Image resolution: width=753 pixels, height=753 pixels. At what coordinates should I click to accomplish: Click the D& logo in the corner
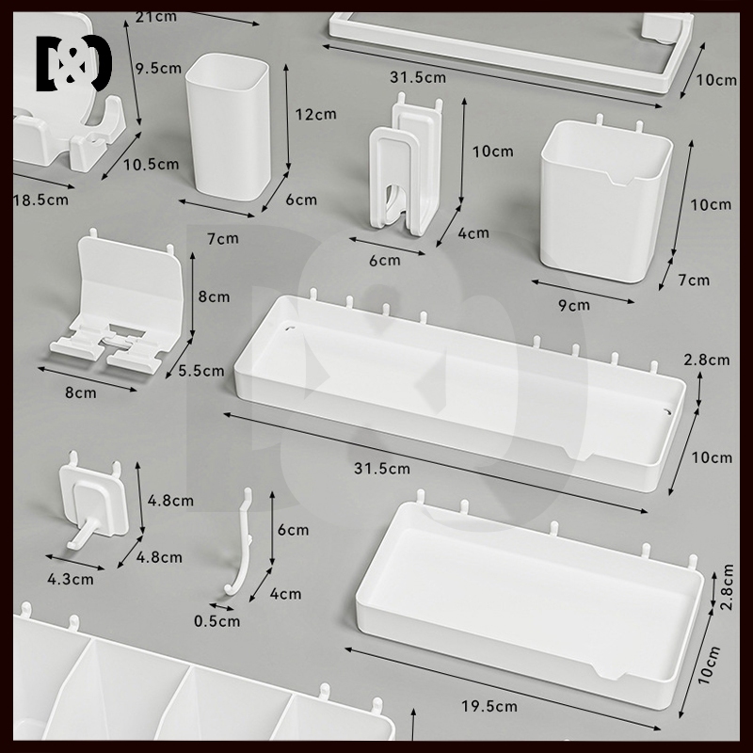coord(74,63)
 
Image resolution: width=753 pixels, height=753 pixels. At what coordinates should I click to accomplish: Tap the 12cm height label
coord(315,114)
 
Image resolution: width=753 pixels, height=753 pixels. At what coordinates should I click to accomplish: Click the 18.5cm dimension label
coord(40,200)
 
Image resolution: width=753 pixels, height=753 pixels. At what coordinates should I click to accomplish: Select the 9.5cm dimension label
coord(158,68)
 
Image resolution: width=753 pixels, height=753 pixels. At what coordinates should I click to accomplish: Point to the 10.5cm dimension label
coord(152,164)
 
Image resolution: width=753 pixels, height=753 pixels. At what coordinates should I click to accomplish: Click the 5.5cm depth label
coord(201,371)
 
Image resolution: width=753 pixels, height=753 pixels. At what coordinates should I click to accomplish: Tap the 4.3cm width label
coord(70,579)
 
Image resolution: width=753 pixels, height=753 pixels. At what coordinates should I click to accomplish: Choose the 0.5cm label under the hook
coord(216,621)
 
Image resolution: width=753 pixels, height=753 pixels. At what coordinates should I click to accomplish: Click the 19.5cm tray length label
coord(489,706)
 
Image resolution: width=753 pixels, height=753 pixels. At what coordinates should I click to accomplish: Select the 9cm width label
coord(574,305)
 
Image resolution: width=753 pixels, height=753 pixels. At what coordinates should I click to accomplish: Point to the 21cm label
coord(156,17)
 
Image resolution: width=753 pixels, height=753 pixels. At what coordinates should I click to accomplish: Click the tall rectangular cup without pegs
coord(228,126)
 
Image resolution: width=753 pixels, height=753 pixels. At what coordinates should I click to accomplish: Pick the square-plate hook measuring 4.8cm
coord(94,503)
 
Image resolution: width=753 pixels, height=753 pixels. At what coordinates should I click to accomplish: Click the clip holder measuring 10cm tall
coord(405,167)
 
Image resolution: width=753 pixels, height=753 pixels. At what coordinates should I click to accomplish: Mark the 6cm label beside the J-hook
coord(293,530)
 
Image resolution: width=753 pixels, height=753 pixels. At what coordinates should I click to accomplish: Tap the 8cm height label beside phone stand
coord(214,296)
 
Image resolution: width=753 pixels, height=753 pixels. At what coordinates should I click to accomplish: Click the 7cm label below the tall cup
coord(223,238)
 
